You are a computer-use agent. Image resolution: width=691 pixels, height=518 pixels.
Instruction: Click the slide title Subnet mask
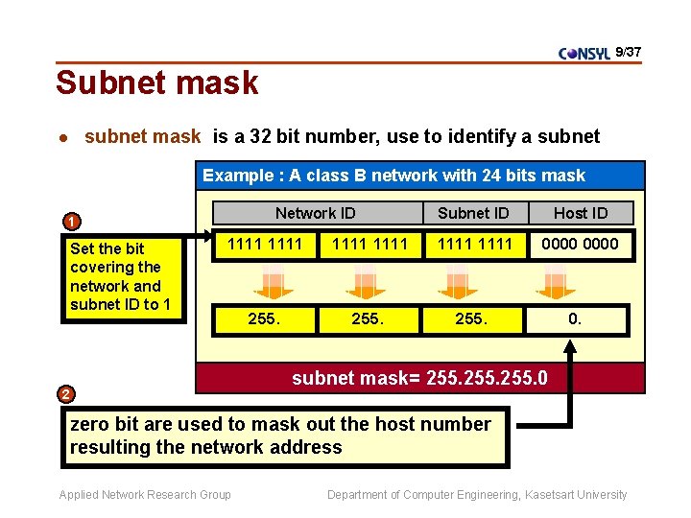157,82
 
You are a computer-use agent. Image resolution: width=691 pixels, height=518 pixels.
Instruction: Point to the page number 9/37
628,51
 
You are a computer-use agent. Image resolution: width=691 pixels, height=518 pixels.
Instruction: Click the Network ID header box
315,213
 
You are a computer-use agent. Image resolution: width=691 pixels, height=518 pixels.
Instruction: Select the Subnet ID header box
473,213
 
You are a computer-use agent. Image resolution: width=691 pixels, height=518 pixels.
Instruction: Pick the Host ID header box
581,213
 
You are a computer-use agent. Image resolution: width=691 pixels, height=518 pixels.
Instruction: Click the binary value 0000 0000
580,244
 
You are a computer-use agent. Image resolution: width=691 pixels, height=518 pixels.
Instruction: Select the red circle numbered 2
64,393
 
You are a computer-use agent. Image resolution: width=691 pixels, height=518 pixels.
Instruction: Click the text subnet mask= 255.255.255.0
419,378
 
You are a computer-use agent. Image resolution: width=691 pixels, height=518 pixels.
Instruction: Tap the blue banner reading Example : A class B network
393,175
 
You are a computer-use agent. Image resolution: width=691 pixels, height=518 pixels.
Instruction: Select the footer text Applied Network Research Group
145,495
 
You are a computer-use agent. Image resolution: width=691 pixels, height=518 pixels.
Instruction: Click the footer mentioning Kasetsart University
477,495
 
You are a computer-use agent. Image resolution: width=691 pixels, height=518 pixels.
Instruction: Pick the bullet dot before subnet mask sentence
62,137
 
